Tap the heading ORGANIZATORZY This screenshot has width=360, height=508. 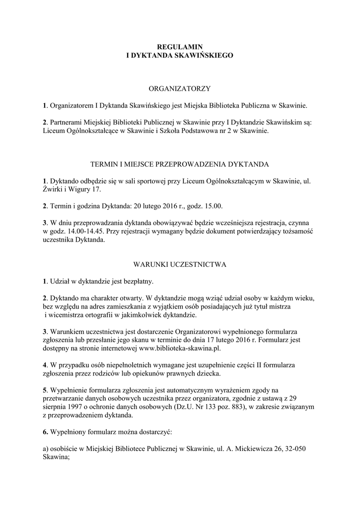click(180, 89)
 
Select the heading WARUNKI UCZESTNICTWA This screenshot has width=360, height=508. click(180, 264)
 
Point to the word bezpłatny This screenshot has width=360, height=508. click(137, 282)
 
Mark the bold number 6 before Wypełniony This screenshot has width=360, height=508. click(45, 433)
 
